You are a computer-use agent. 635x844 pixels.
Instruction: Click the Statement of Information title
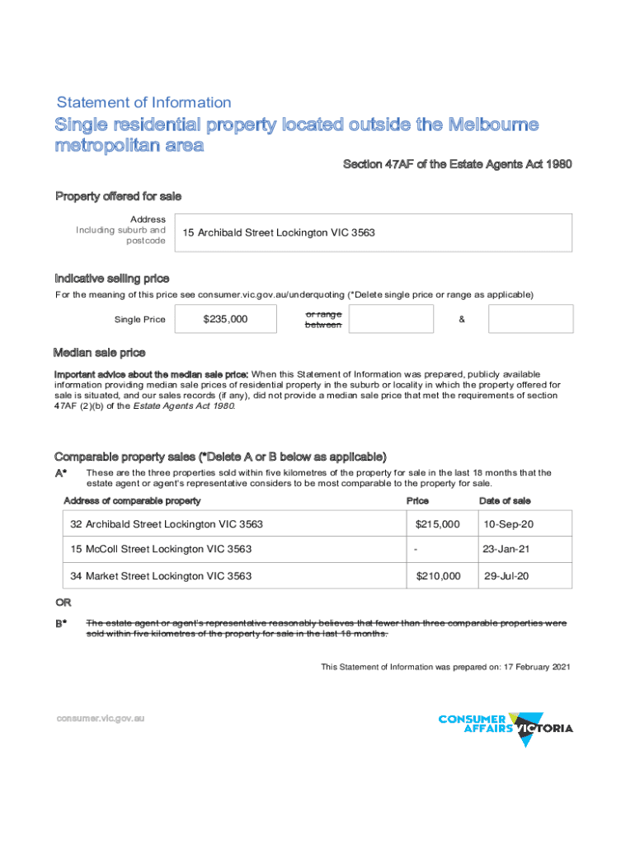143,103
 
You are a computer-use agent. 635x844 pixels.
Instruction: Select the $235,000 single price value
225,320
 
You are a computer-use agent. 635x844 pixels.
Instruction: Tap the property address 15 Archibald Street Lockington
277,233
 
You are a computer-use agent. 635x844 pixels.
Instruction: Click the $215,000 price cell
437,524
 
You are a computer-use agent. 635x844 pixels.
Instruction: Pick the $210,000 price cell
438,576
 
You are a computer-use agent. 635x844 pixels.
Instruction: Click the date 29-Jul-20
506,576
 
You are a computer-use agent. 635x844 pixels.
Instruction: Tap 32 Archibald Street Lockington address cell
167,524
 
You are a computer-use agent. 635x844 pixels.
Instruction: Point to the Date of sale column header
505,501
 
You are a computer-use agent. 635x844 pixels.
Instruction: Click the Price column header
417,501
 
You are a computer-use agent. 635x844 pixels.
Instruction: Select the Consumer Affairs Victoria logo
506,727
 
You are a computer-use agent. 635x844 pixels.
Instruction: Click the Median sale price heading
99,354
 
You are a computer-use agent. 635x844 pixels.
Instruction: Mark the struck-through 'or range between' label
322,320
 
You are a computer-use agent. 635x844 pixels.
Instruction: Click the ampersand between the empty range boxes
460,320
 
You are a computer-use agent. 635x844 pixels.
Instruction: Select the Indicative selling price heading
112,279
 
